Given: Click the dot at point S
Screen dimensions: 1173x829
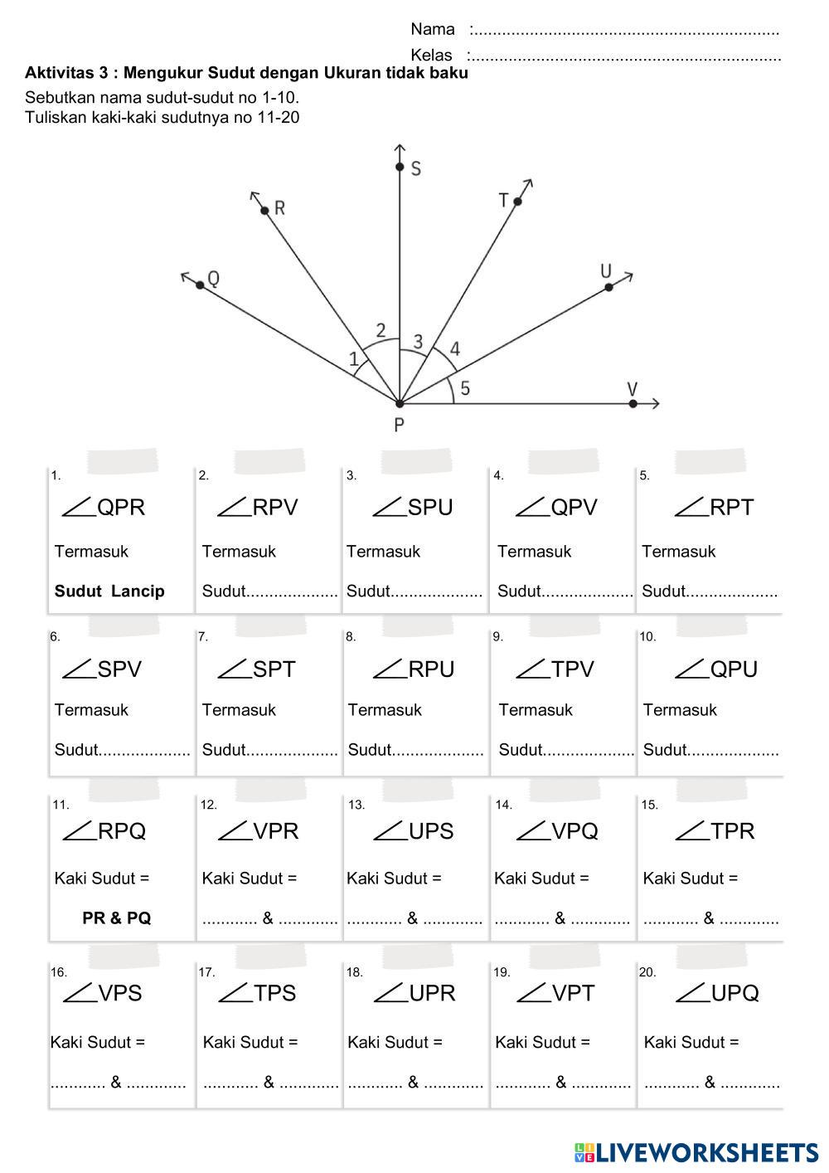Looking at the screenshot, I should [x=400, y=168].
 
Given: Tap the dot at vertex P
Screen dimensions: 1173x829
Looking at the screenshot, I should [x=400, y=404].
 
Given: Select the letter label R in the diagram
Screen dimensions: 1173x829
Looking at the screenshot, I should [x=279, y=207].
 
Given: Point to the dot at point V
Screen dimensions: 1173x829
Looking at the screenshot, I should [x=633, y=404].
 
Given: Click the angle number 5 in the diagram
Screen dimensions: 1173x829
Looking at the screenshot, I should [x=465, y=388].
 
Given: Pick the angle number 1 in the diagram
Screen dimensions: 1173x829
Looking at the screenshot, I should [x=354, y=359].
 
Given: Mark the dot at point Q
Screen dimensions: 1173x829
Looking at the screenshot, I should [x=200, y=285].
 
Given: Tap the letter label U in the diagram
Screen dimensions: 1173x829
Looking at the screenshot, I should [x=606, y=271].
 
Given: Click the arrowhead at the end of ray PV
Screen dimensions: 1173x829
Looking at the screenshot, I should [x=656, y=404].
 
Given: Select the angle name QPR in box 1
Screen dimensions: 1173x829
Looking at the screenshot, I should [x=121, y=507].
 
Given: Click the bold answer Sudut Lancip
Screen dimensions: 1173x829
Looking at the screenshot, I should [x=109, y=591].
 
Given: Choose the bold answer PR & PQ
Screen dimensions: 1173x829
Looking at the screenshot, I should [x=117, y=918].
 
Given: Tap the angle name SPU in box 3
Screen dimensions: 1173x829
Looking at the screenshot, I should [x=430, y=507].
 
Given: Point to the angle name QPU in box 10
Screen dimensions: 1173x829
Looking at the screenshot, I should [x=734, y=669].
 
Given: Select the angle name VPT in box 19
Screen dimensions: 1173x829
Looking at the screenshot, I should [x=573, y=993].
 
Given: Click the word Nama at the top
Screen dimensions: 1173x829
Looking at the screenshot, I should [x=433, y=30].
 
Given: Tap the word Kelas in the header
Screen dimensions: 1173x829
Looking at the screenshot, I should [x=431, y=56].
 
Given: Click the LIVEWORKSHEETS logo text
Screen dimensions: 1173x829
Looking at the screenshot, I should [x=706, y=1152].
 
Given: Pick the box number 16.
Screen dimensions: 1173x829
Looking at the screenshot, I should [x=59, y=972].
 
